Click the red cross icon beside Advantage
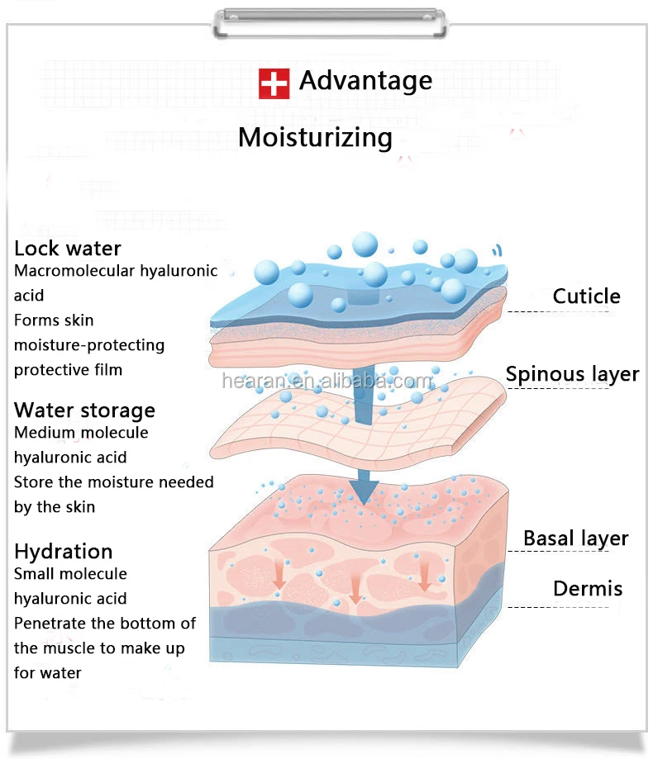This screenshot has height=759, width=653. pyautogui.click(x=274, y=83)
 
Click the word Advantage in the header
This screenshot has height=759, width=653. pyautogui.click(x=365, y=81)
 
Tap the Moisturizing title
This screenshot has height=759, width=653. pyautogui.click(x=316, y=137)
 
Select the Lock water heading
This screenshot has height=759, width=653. pyautogui.click(x=67, y=249)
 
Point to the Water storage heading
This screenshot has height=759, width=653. pyautogui.click(x=85, y=410)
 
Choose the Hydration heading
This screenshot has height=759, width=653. pyautogui.click(x=64, y=552)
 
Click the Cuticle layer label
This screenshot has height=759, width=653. pyautogui.click(x=586, y=296)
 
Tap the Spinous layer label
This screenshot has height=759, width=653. pyautogui.click(x=572, y=375)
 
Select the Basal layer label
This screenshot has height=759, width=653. pyautogui.click(x=576, y=538)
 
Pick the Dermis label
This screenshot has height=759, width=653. pyautogui.click(x=588, y=589)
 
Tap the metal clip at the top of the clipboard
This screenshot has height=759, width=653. pyautogui.click(x=330, y=23)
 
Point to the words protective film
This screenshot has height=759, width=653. pyautogui.click(x=68, y=370)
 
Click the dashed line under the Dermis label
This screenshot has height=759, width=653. pyautogui.click(x=558, y=606)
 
